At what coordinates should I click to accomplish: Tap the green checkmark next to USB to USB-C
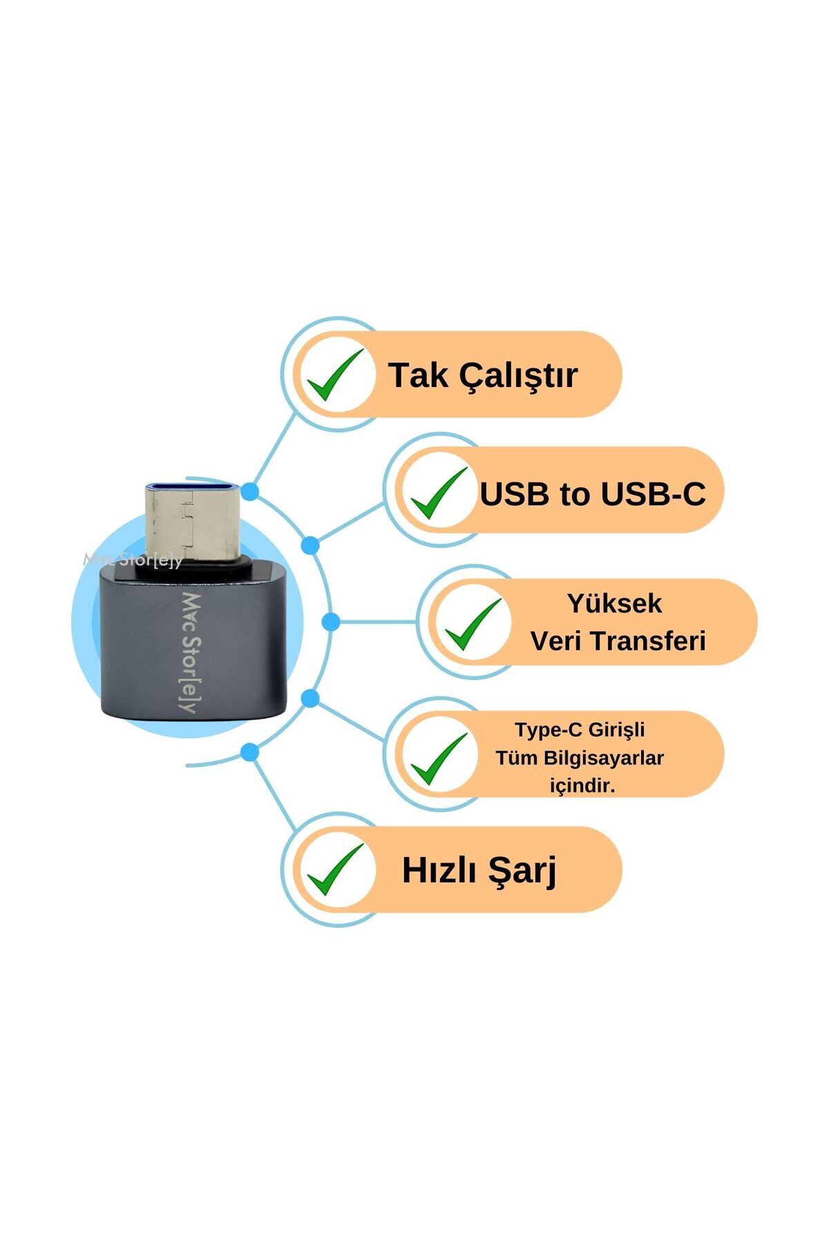click(439, 493)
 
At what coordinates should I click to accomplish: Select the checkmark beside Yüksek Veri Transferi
click(473, 624)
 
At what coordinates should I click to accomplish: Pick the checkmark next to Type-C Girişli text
click(439, 757)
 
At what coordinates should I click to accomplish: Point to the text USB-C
click(653, 494)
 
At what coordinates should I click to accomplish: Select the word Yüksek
click(614, 603)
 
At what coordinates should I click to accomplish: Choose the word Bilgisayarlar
click(604, 758)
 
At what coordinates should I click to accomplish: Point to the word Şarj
click(523, 871)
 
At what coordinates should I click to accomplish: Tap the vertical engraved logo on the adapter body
click(189, 652)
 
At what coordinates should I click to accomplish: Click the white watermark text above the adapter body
click(133, 560)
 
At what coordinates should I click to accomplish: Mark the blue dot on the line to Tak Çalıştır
click(251, 492)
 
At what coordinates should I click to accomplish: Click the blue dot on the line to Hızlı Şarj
click(251, 752)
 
